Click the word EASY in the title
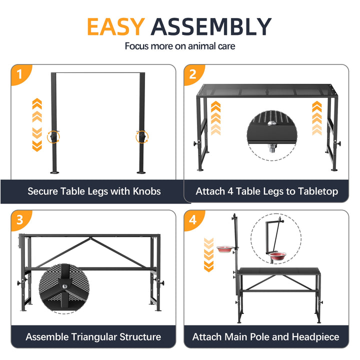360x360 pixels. point(116,26)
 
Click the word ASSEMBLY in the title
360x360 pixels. point(211,26)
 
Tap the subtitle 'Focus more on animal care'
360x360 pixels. point(180,46)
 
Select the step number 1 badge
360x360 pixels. point(20,74)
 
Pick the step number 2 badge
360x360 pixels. point(193,74)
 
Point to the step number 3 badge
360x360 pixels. point(20,219)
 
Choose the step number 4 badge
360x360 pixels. point(193,219)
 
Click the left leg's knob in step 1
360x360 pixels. point(53,137)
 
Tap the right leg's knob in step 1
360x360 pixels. point(142,137)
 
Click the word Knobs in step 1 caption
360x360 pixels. point(146,191)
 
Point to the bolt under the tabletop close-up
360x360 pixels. point(272,148)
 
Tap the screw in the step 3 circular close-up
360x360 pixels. point(65,286)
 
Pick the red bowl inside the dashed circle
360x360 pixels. point(277,256)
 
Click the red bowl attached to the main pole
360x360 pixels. point(225,249)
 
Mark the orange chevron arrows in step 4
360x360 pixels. point(208,255)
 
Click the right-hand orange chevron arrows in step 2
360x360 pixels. point(317,118)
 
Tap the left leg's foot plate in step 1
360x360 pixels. point(54,172)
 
